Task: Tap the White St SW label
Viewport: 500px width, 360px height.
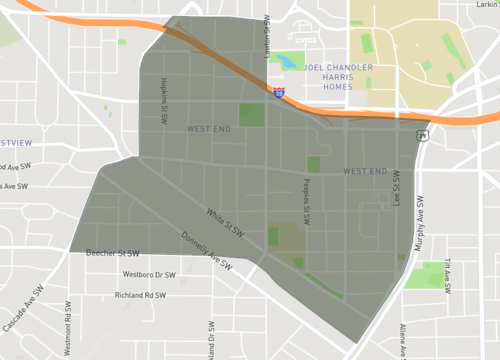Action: [225, 221]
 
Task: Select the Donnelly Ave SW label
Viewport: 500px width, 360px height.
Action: [211, 252]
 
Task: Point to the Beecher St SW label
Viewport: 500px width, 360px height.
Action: [113, 253]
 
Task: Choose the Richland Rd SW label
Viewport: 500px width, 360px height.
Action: [140, 295]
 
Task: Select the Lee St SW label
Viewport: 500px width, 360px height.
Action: [397, 192]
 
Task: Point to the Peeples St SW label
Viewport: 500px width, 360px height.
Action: [307, 201]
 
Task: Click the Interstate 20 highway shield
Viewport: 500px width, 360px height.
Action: [279, 92]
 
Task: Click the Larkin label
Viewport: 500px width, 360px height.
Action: [485, 5]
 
